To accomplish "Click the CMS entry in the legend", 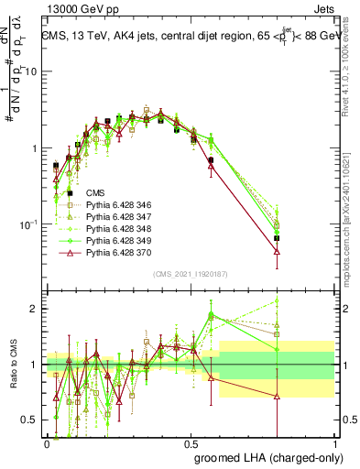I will click(95, 193).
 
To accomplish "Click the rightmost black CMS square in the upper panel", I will click(303, 238).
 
